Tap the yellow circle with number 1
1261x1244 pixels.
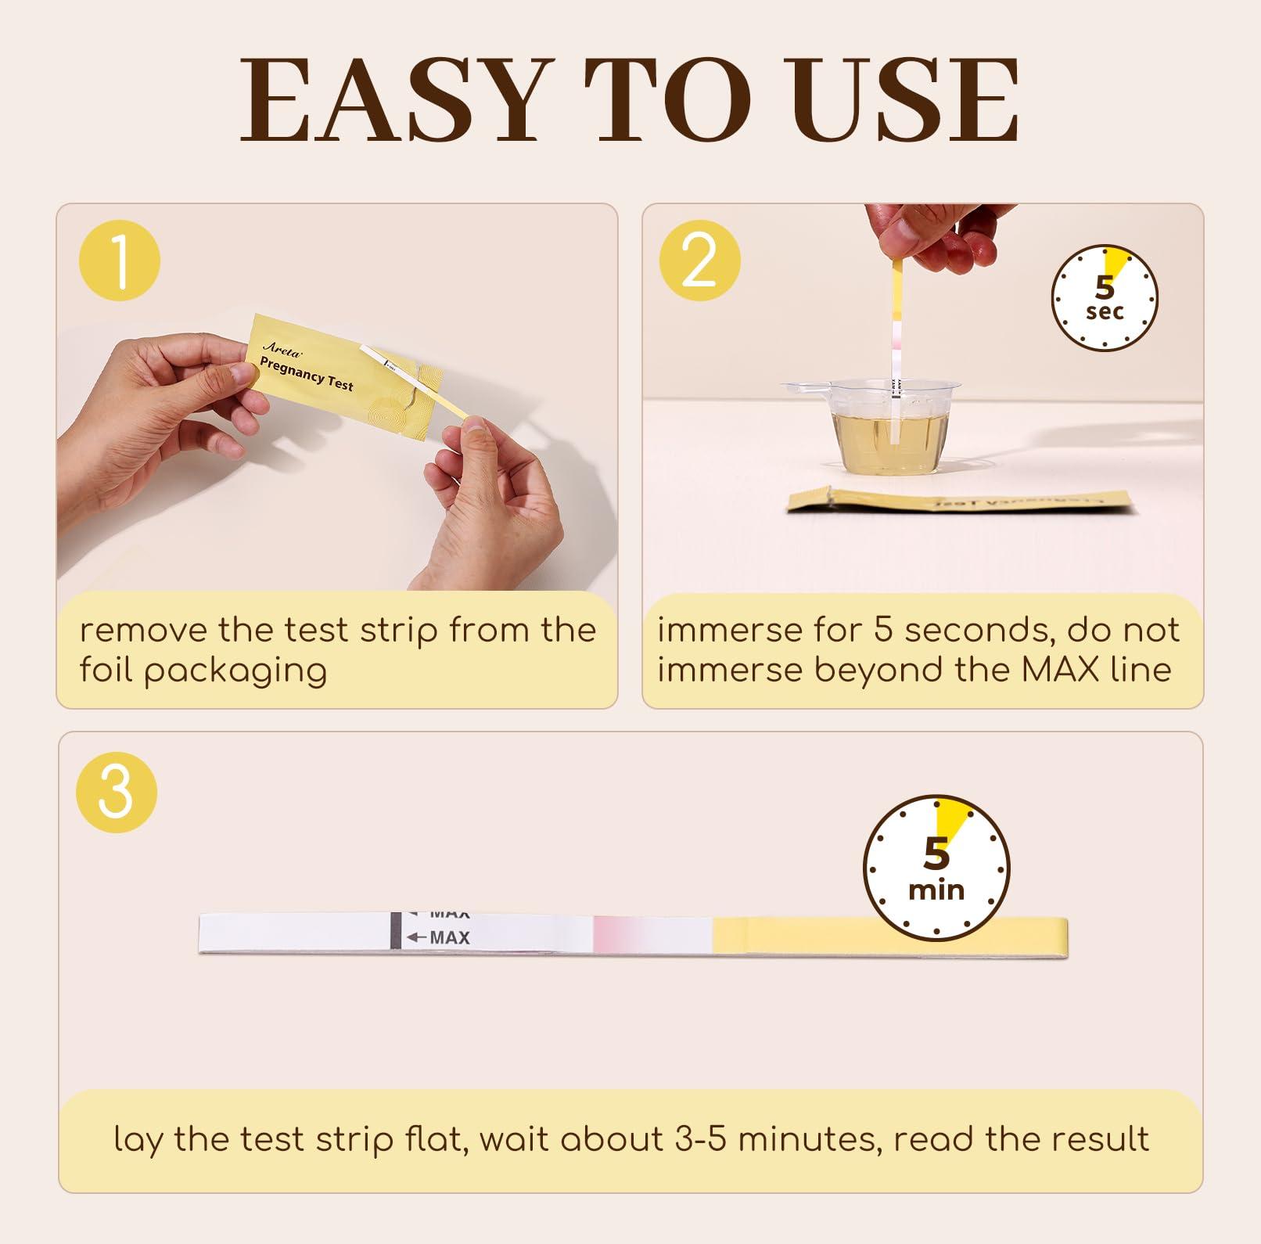point(120,261)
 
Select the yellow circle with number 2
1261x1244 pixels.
point(699,261)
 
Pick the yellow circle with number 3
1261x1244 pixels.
point(116,792)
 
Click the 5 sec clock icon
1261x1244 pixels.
point(1104,298)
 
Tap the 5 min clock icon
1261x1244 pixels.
point(936,868)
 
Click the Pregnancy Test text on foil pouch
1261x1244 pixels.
point(306,374)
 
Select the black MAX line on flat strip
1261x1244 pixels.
point(396,931)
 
